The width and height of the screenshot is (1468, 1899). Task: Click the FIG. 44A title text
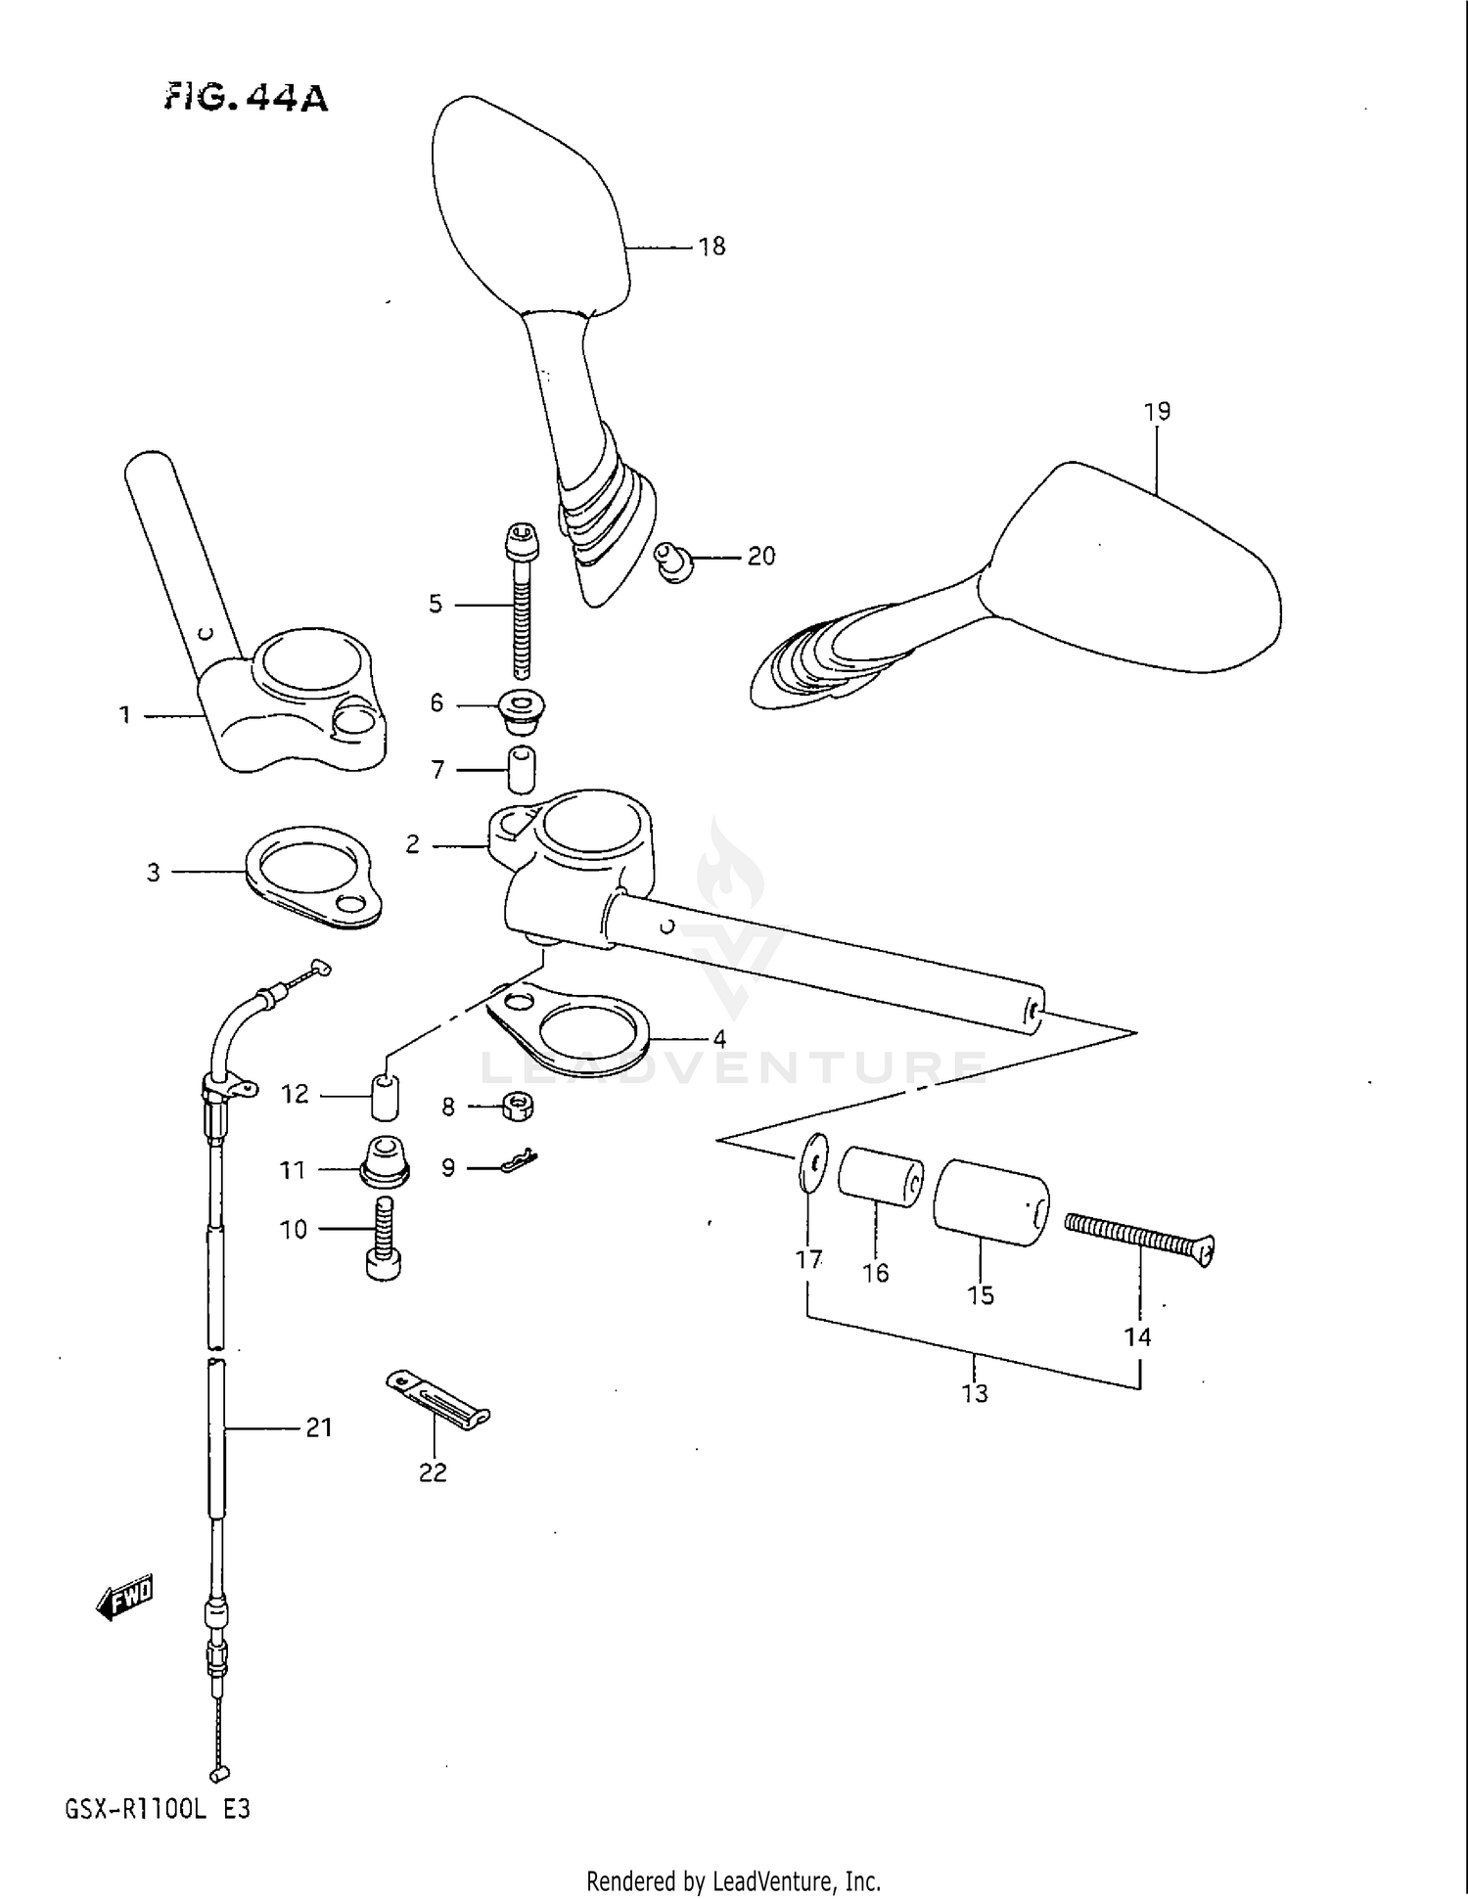pyautogui.click(x=246, y=98)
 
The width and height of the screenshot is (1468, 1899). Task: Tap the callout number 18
pyautogui.click(x=711, y=247)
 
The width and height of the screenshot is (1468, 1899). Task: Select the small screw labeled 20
pyautogui.click(x=673, y=562)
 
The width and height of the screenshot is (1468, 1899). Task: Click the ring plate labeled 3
pyautogui.click(x=311, y=878)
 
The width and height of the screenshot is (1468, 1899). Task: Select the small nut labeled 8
pyautogui.click(x=518, y=1107)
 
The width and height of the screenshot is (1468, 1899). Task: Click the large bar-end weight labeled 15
pyautogui.click(x=990, y=1202)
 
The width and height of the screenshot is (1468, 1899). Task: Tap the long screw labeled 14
pyautogui.click(x=1138, y=1236)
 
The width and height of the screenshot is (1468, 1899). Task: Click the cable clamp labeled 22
pyautogui.click(x=436, y=1401)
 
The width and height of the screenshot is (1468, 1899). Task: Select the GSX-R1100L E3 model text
pyautogui.click(x=158, y=1809)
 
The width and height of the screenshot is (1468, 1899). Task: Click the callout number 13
pyautogui.click(x=975, y=1393)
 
